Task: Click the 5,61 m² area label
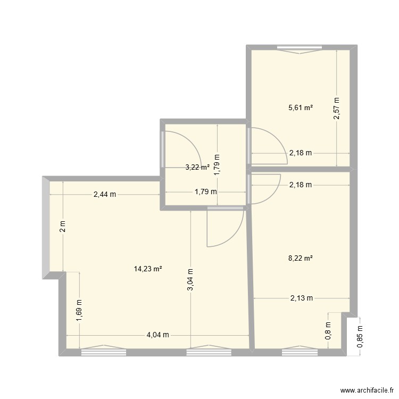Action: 300,107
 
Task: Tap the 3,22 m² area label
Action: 197,167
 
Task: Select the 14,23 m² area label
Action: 148,269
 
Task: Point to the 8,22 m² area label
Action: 300,259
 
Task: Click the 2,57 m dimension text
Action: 336,109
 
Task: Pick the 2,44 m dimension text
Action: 104,195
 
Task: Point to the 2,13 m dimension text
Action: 301,298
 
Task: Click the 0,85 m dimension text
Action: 360,337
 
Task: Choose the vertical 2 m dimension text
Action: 62,227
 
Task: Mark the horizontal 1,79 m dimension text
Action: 206,192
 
